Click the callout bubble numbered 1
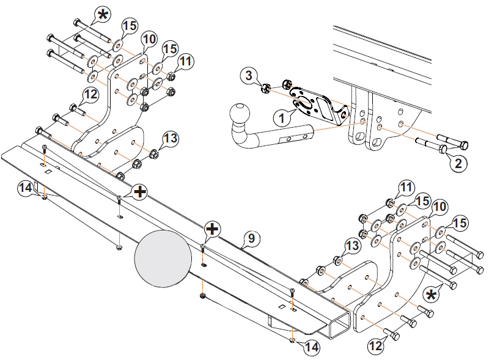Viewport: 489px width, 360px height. coord(282,118)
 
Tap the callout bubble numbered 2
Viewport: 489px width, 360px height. coord(458,163)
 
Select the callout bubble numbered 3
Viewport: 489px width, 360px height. coord(249,75)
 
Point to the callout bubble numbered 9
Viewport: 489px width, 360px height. coord(251,238)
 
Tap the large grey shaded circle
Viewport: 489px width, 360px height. coord(163,258)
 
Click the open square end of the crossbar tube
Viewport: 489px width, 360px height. coord(338,325)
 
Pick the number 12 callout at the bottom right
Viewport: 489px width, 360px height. coord(376,345)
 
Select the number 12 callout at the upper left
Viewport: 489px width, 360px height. coord(90,94)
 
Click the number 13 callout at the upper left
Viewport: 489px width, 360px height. coord(171,138)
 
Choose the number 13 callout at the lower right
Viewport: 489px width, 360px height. coord(353,246)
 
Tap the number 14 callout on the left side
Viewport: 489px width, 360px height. coord(26,188)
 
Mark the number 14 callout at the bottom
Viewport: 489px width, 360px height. coord(312,347)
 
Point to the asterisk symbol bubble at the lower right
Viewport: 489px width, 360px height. coord(431,295)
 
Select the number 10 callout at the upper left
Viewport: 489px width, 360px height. coord(149,39)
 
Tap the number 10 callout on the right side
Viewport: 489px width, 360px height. coord(439,207)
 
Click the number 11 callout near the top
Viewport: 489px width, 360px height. coord(185,61)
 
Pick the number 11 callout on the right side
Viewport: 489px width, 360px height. coord(406,187)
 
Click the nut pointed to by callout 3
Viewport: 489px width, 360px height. coord(265,89)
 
